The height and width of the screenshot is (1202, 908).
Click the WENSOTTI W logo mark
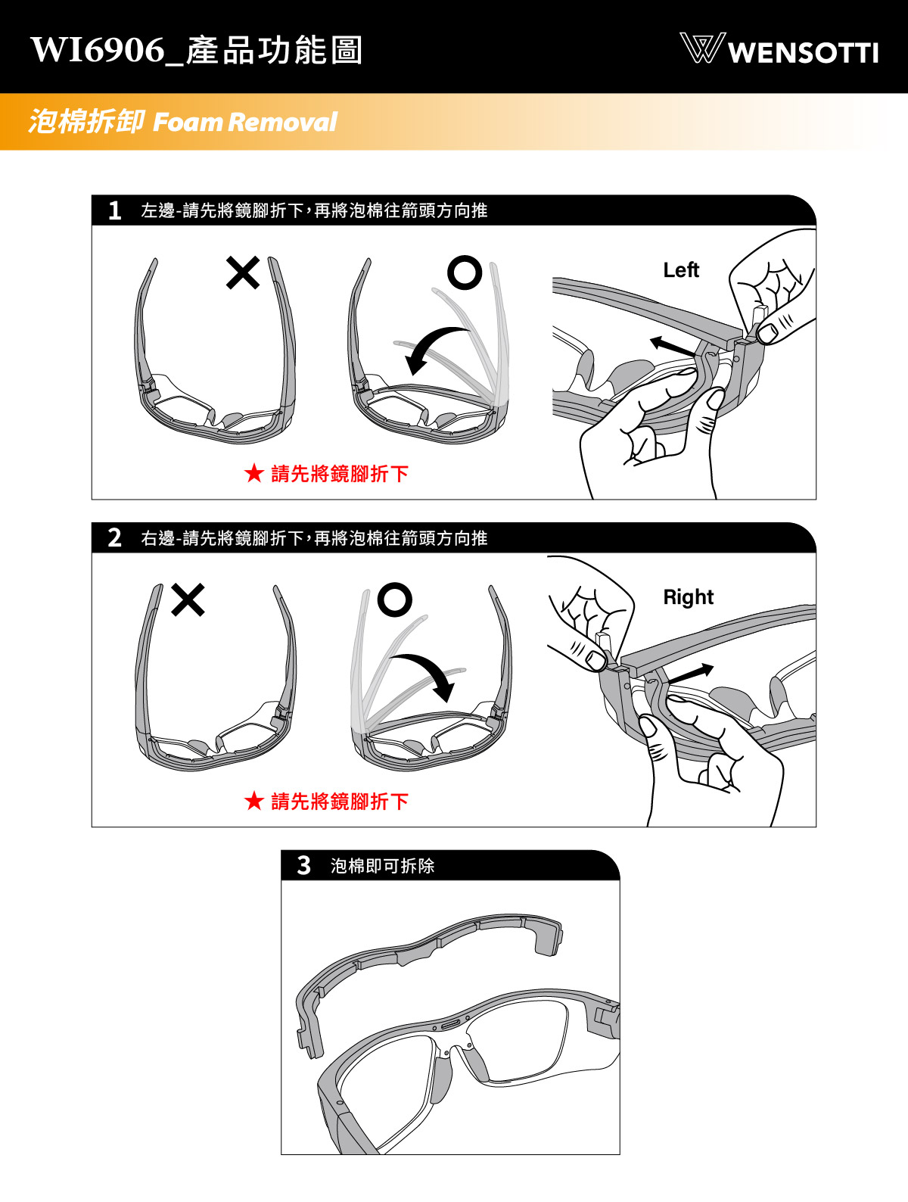click(702, 48)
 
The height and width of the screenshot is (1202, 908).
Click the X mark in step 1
click(242, 273)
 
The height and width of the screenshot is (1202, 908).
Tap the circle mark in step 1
click(465, 272)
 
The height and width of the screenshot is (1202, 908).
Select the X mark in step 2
click(188, 599)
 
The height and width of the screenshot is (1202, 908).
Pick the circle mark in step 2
click(395, 599)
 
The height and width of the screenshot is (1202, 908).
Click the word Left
click(681, 270)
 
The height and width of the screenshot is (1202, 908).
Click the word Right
click(688, 597)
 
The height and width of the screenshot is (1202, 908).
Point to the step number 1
click(114, 210)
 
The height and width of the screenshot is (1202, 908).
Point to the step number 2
click(114, 537)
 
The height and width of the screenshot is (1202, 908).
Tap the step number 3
click(303, 865)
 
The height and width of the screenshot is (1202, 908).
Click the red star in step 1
click(254, 472)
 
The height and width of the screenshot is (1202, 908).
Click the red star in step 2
click(254, 801)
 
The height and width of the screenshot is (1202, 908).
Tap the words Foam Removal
click(244, 122)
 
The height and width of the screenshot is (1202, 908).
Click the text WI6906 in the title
click(98, 50)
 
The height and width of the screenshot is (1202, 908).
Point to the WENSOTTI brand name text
click(804, 52)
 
